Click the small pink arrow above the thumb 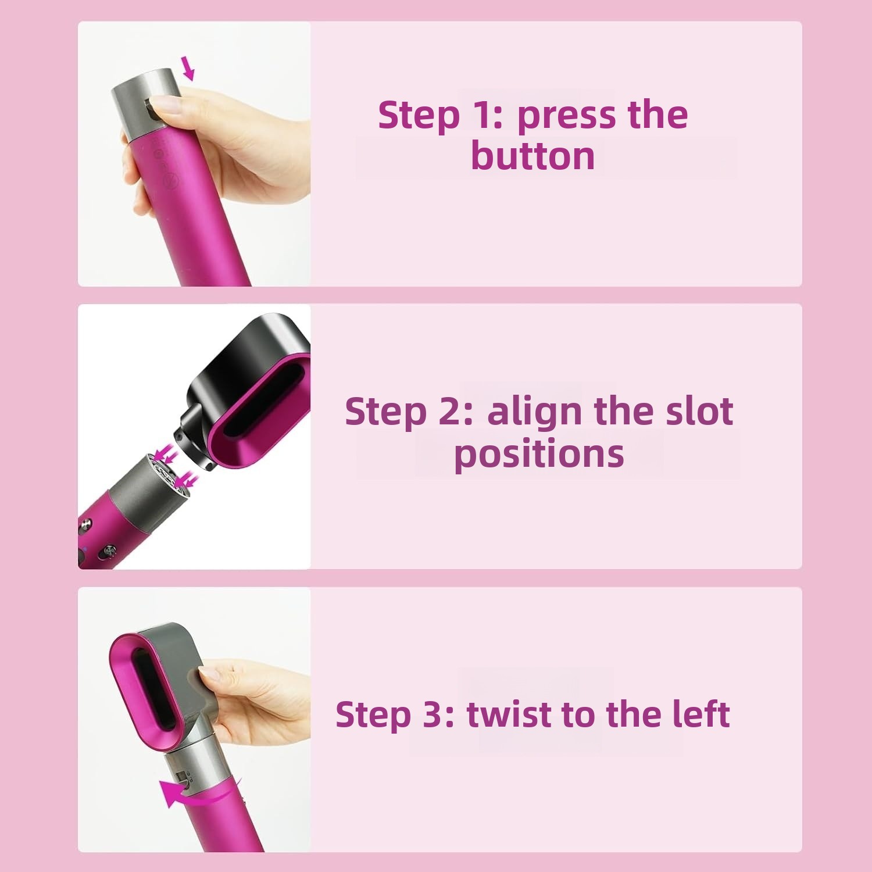point(187,68)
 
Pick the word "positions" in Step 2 point(539,454)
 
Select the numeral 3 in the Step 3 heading point(433,714)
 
